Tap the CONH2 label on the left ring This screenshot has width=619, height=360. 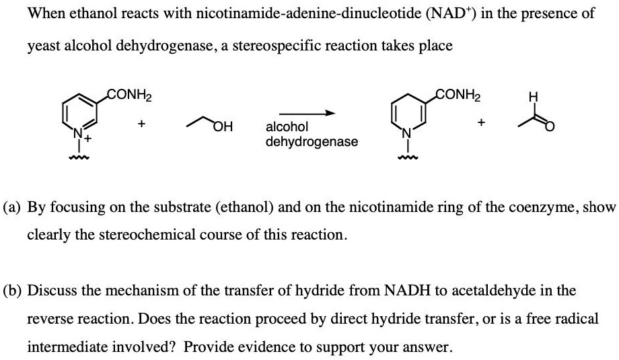click(x=129, y=95)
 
